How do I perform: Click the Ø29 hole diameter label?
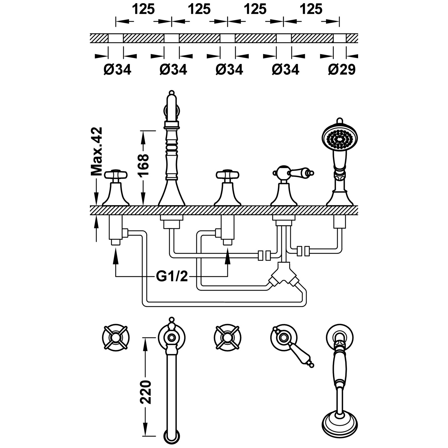pos(342,70)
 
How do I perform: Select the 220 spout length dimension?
pos(146,392)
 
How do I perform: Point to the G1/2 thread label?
pos(172,277)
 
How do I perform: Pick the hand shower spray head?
pos(340,137)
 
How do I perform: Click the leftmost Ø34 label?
pos(117,70)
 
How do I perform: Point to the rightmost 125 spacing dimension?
pos(311,10)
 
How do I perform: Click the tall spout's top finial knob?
pos(171,93)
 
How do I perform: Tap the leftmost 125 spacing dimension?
pos(144,10)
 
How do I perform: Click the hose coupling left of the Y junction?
pos(264,256)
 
